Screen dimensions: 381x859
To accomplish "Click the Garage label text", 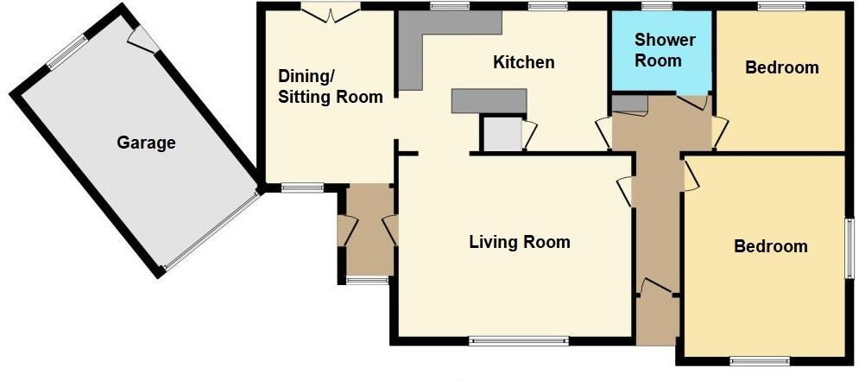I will pos(146,143).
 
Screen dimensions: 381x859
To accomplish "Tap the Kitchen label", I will pos(523,62).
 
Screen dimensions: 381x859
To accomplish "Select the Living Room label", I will pos(519,242).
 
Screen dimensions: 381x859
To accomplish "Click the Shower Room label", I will pos(664,50).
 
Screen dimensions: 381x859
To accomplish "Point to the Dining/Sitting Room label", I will pos(329,86).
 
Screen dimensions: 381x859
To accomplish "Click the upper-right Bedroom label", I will pos(781,67).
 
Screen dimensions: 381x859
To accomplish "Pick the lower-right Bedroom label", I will pos(770,246).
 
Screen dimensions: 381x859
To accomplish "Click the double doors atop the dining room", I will pos(331,12).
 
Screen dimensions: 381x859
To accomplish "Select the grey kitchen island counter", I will pos(489,101).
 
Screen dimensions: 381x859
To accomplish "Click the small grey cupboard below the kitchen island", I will pos(502,136).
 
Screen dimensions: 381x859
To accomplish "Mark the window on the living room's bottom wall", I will pos(518,340).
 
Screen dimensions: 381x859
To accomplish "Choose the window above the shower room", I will pos(657,7).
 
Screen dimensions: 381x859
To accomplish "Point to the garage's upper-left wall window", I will pos(67,52).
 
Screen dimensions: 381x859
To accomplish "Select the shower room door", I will pos(692,102).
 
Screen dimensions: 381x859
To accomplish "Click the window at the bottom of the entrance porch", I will pos(368,280).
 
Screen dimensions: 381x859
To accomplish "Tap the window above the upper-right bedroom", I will pos(780,7).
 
